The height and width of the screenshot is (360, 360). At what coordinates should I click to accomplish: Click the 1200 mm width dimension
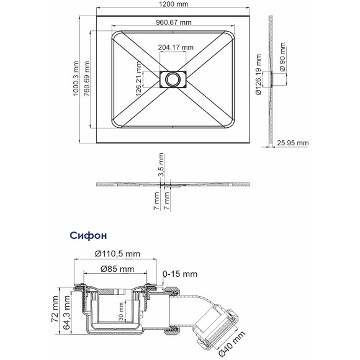(x=174, y=4)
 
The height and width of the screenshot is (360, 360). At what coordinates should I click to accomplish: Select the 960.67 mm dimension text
(x=174, y=22)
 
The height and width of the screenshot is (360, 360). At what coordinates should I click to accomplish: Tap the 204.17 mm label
(x=176, y=47)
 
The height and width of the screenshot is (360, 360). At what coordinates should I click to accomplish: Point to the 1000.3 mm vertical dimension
(x=76, y=78)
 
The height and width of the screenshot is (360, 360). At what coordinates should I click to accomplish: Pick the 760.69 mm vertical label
(x=86, y=78)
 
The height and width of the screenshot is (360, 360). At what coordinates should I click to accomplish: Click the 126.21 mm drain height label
(x=138, y=79)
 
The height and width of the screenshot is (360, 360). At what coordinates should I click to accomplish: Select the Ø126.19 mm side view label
(x=259, y=74)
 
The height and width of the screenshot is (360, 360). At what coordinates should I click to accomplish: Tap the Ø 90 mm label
(x=282, y=56)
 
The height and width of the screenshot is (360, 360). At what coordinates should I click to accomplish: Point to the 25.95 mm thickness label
(x=293, y=143)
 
